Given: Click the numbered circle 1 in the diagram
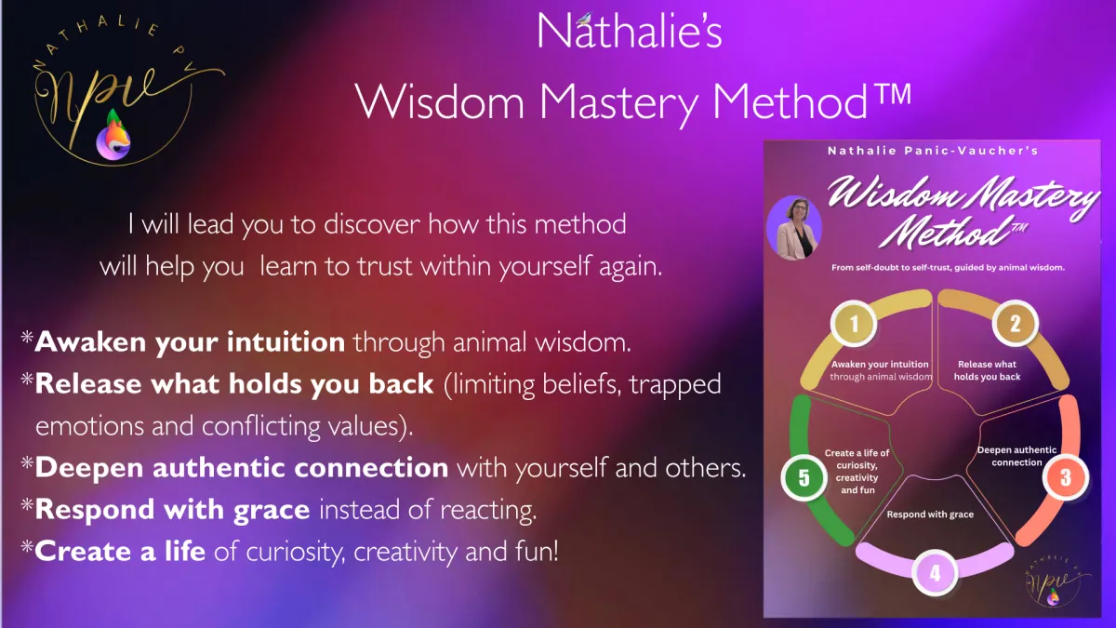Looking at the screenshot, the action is click(x=854, y=324).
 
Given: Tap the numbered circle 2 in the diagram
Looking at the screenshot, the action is click(x=1015, y=324).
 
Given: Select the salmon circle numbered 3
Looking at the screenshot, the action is click(x=1066, y=477).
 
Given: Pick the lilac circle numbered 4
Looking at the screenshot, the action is click(x=936, y=573).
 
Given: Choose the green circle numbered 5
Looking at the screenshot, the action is click(x=804, y=477).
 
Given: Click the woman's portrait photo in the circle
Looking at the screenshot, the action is click(x=794, y=228).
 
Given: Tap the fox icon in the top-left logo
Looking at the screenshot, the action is click(x=114, y=135).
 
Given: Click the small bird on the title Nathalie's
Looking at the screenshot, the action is click(x=584, y=20).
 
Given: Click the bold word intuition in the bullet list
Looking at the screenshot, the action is click(x=286, y=342).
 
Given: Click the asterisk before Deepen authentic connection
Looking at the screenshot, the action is click(x=27, y=463).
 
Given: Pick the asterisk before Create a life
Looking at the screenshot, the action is click(x=27, y=547).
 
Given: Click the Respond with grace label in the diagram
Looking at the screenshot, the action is click(x=930, y=514).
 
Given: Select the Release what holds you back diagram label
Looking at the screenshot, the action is click(x=987, y=370).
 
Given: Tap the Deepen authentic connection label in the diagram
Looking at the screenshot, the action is click(x=1016, y=456).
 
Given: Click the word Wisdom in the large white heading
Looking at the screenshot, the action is click(x=439, y=101).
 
